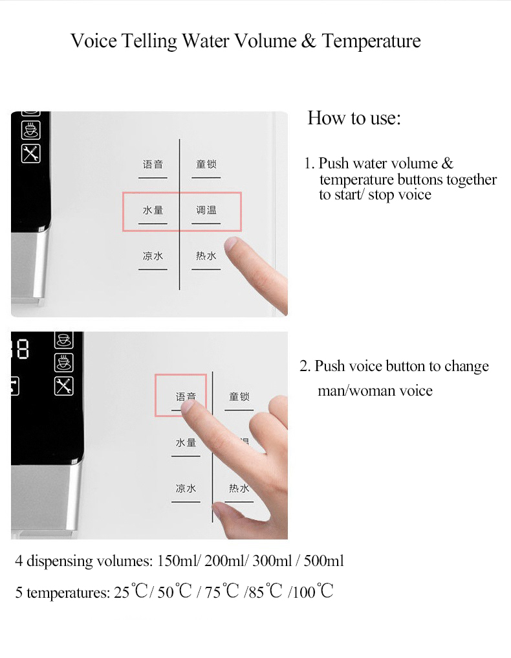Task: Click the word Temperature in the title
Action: [371, 41]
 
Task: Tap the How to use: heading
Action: [354, 119]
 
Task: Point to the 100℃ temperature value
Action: [313, 592]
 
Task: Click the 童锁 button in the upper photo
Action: [206, 165]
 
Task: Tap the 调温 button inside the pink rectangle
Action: [206, 211]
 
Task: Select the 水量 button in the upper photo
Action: [153, 211]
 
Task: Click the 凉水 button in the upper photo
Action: [153, 256]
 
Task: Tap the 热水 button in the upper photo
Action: [206, 256]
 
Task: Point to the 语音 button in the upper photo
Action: [153, 165]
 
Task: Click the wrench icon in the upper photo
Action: [31, 153]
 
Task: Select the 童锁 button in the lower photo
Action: [239, 397]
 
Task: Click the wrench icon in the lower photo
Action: [63, 386]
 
